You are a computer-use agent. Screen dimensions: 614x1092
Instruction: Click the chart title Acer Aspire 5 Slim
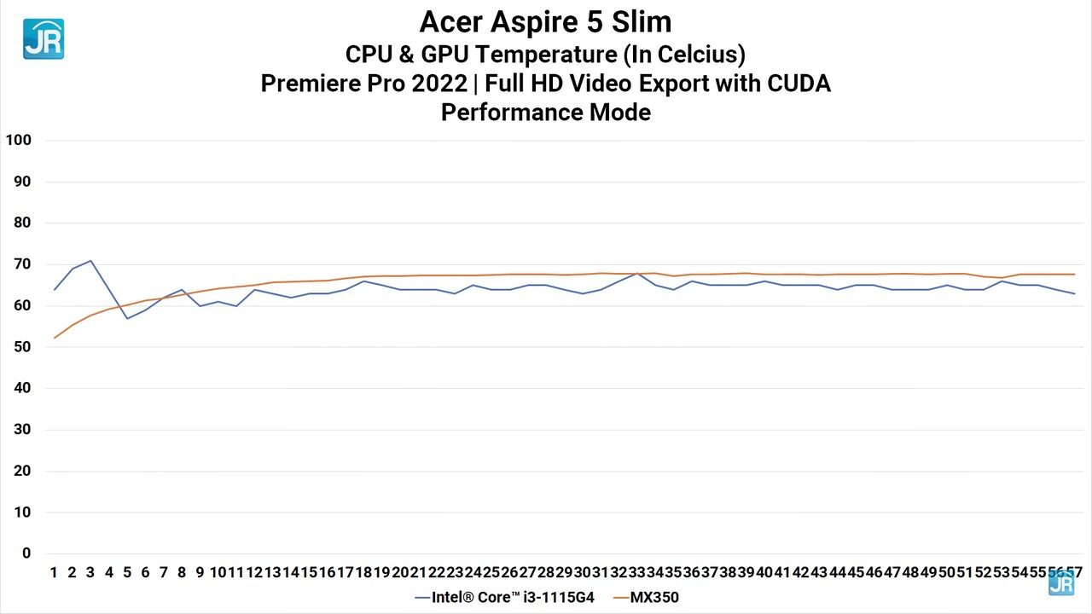(x=545, y=22)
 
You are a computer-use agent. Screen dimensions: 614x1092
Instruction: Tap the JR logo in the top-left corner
(x=43, y=39)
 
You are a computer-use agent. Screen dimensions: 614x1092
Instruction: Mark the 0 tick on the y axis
(x=26, y=553)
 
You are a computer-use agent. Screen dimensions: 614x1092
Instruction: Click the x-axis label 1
(x=54, y=572)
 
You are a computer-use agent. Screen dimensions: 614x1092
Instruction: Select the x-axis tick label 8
(x=182, y=572)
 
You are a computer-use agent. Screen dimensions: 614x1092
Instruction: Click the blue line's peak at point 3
(x=90, y=261)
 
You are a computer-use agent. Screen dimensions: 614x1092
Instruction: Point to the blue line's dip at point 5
(x=127, y=318)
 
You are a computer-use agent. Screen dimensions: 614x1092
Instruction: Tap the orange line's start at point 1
(x=55, y=338)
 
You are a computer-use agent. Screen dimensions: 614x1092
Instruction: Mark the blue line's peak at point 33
(x=636, y=274)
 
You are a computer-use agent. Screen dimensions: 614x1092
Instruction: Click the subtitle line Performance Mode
(x=545, y=112)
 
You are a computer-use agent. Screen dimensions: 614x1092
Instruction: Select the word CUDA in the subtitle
(x=793, y=84)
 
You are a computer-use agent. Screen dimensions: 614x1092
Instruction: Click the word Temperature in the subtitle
(x=546, y=55)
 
